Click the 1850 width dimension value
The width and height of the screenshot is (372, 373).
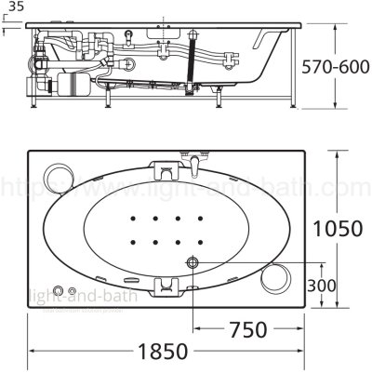click(168, 353)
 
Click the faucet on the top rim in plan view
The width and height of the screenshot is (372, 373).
click(193, 165)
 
